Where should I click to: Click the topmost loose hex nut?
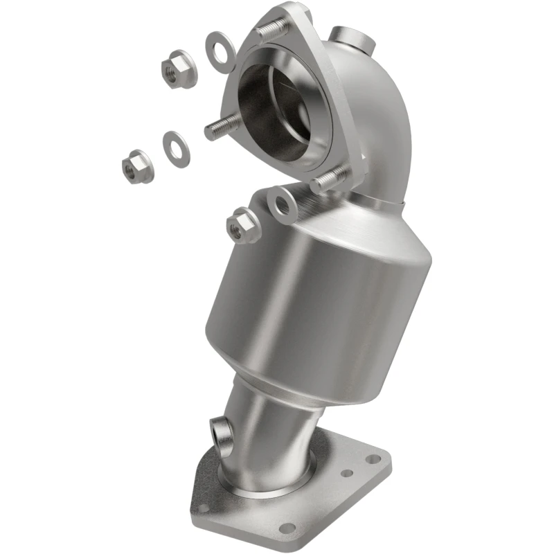(179, 69)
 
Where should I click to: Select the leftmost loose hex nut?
(137, 167)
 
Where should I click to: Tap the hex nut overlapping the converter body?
(243, 226)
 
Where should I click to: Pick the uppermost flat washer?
(220, 51)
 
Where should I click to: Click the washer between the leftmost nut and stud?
(177, 148)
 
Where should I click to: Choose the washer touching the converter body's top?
(282, 204)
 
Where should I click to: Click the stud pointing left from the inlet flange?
(222, 127)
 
